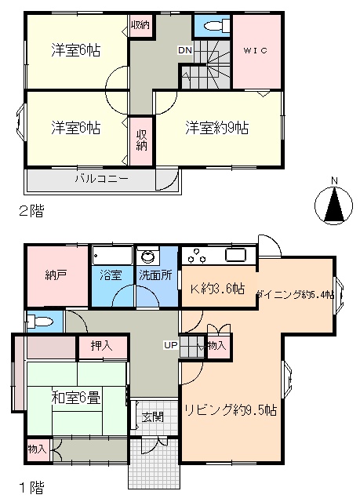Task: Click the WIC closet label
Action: (255, 50)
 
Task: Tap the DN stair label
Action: (185, 50)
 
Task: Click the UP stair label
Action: (170, 345)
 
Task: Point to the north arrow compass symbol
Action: (334, 204)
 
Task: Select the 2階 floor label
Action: (31, 211)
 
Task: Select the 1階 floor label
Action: (31, 488)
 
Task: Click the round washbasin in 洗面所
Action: (148, 256)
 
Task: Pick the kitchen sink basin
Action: (236, 255)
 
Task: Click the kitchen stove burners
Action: (197, 256)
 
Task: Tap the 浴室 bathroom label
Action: (111, 275)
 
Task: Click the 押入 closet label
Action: (101, 345)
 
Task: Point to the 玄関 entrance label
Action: (153, 417)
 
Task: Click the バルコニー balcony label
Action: (102, 178)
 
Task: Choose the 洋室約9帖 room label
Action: (216, 128)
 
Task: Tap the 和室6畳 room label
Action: (76, 398)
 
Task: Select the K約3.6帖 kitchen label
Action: (217, 289)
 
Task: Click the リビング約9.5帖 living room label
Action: (231, 409)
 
